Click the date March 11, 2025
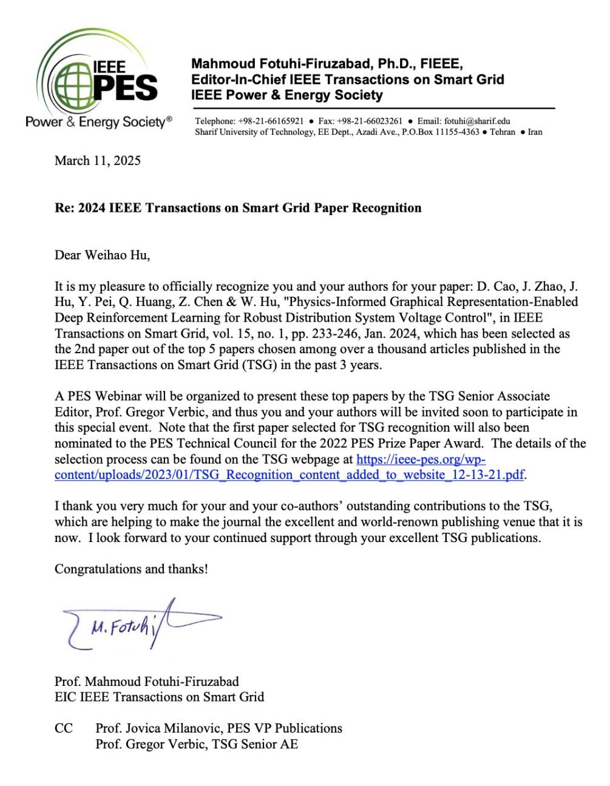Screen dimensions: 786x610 point(98,161)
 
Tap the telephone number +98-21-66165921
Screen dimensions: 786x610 point(271,121)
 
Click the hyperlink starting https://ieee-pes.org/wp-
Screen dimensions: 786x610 point(421,459)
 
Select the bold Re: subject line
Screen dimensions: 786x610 point(238,208)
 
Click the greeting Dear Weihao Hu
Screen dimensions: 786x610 point(102,255)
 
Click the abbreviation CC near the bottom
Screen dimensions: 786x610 point(64,728)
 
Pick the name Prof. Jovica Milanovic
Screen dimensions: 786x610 point(158,728)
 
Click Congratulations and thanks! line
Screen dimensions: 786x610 point(131,569)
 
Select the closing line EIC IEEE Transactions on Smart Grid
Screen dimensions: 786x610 point(159,697)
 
